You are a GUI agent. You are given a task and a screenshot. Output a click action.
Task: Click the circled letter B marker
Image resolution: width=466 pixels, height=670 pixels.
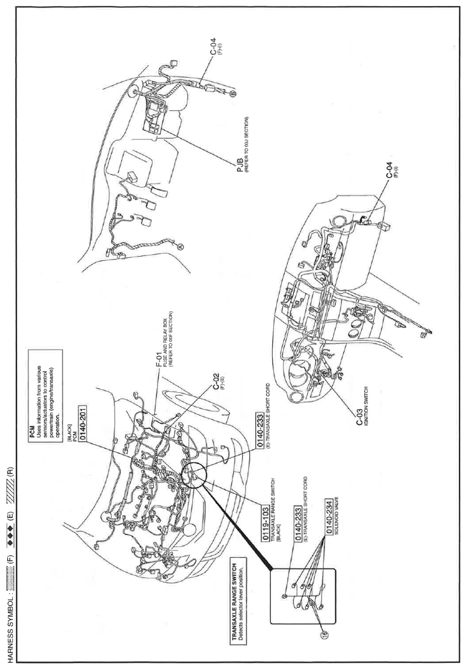234,93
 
